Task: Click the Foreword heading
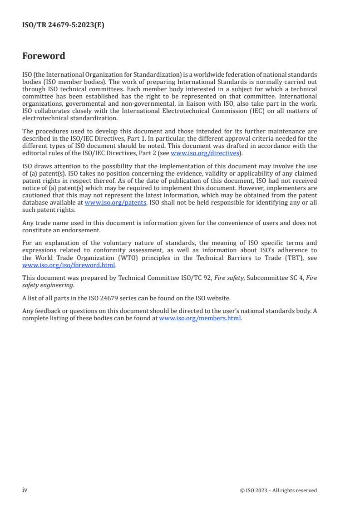44,56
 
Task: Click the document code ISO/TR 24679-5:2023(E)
63,25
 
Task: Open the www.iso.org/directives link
204,153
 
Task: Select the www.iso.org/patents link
115,203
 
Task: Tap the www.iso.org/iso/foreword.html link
69,265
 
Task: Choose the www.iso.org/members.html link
200,318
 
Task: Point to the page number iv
25,490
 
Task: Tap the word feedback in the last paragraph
46,312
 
